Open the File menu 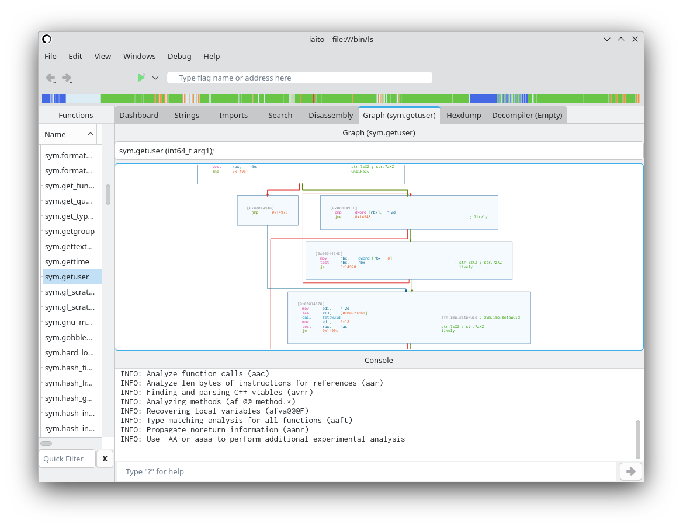point(50,56)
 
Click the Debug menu point(179,56)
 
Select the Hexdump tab point(463,115)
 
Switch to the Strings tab point(186,115)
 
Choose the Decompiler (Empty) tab point(526,115)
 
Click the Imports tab point(233,115)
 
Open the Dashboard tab point(138,115)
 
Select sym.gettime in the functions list point(67,261)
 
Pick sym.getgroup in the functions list point(70,231)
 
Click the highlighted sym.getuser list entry point(67,277)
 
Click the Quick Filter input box point(67,459)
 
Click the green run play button point(141,78)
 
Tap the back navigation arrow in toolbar point(50,78)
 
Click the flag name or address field point(299,78)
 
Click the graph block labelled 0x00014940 point(268,210)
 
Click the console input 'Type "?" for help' point(366,471)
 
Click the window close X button point(635,39)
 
